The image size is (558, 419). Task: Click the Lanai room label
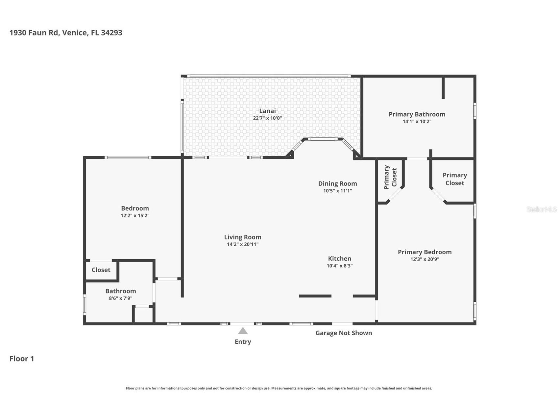pos(267,111)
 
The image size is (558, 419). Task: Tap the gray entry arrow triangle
pos(243,331)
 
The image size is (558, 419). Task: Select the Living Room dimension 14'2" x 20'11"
pos(243,244)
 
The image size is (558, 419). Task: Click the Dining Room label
pos(337,183)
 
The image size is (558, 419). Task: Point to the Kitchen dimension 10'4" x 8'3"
pos(339,266)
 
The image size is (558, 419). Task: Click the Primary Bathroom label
pos(417,114)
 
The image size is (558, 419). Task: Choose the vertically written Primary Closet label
pos(390,177)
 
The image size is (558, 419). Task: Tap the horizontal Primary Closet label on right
pos(454,179)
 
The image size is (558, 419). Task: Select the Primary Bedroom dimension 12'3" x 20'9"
pos(425,259)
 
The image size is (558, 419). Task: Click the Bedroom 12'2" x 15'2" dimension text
pos(135,215)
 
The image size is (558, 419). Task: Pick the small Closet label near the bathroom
pos(101,270)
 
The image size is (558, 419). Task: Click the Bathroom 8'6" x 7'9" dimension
pos(120,298)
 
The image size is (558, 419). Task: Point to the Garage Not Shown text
pos(344,333)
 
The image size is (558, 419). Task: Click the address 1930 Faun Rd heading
pos(66,33)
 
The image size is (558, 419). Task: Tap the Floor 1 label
pos(22,359)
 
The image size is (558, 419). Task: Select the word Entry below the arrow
pos(243,342)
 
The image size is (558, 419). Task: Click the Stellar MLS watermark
pos(541,209)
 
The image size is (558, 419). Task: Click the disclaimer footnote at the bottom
pos(279,388)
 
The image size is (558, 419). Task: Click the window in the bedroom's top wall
pos(128,157)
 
